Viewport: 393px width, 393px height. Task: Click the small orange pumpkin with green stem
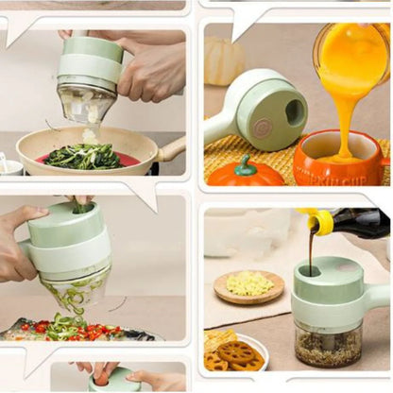[245, 172]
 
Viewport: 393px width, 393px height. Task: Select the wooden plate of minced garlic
[248, 286]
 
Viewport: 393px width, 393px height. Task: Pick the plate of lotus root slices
[235, 350]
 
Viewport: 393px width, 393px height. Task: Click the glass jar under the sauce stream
[328, 346]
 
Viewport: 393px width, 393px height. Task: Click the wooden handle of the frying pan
[172, 148]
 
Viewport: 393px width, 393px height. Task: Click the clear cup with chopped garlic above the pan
[86, 103]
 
